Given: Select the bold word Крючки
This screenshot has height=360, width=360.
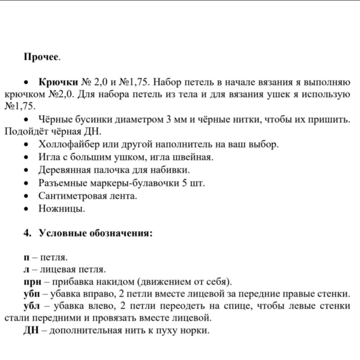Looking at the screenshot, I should coord(58,82).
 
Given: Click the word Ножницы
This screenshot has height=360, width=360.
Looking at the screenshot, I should coord(62,209).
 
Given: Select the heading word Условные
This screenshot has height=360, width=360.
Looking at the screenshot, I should coord(62,233).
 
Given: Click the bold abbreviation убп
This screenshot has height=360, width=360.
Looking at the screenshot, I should coord(32,295).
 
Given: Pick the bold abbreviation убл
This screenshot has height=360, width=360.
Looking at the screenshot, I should coord(32,306).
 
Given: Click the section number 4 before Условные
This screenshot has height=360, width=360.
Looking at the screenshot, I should coord(26,233).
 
